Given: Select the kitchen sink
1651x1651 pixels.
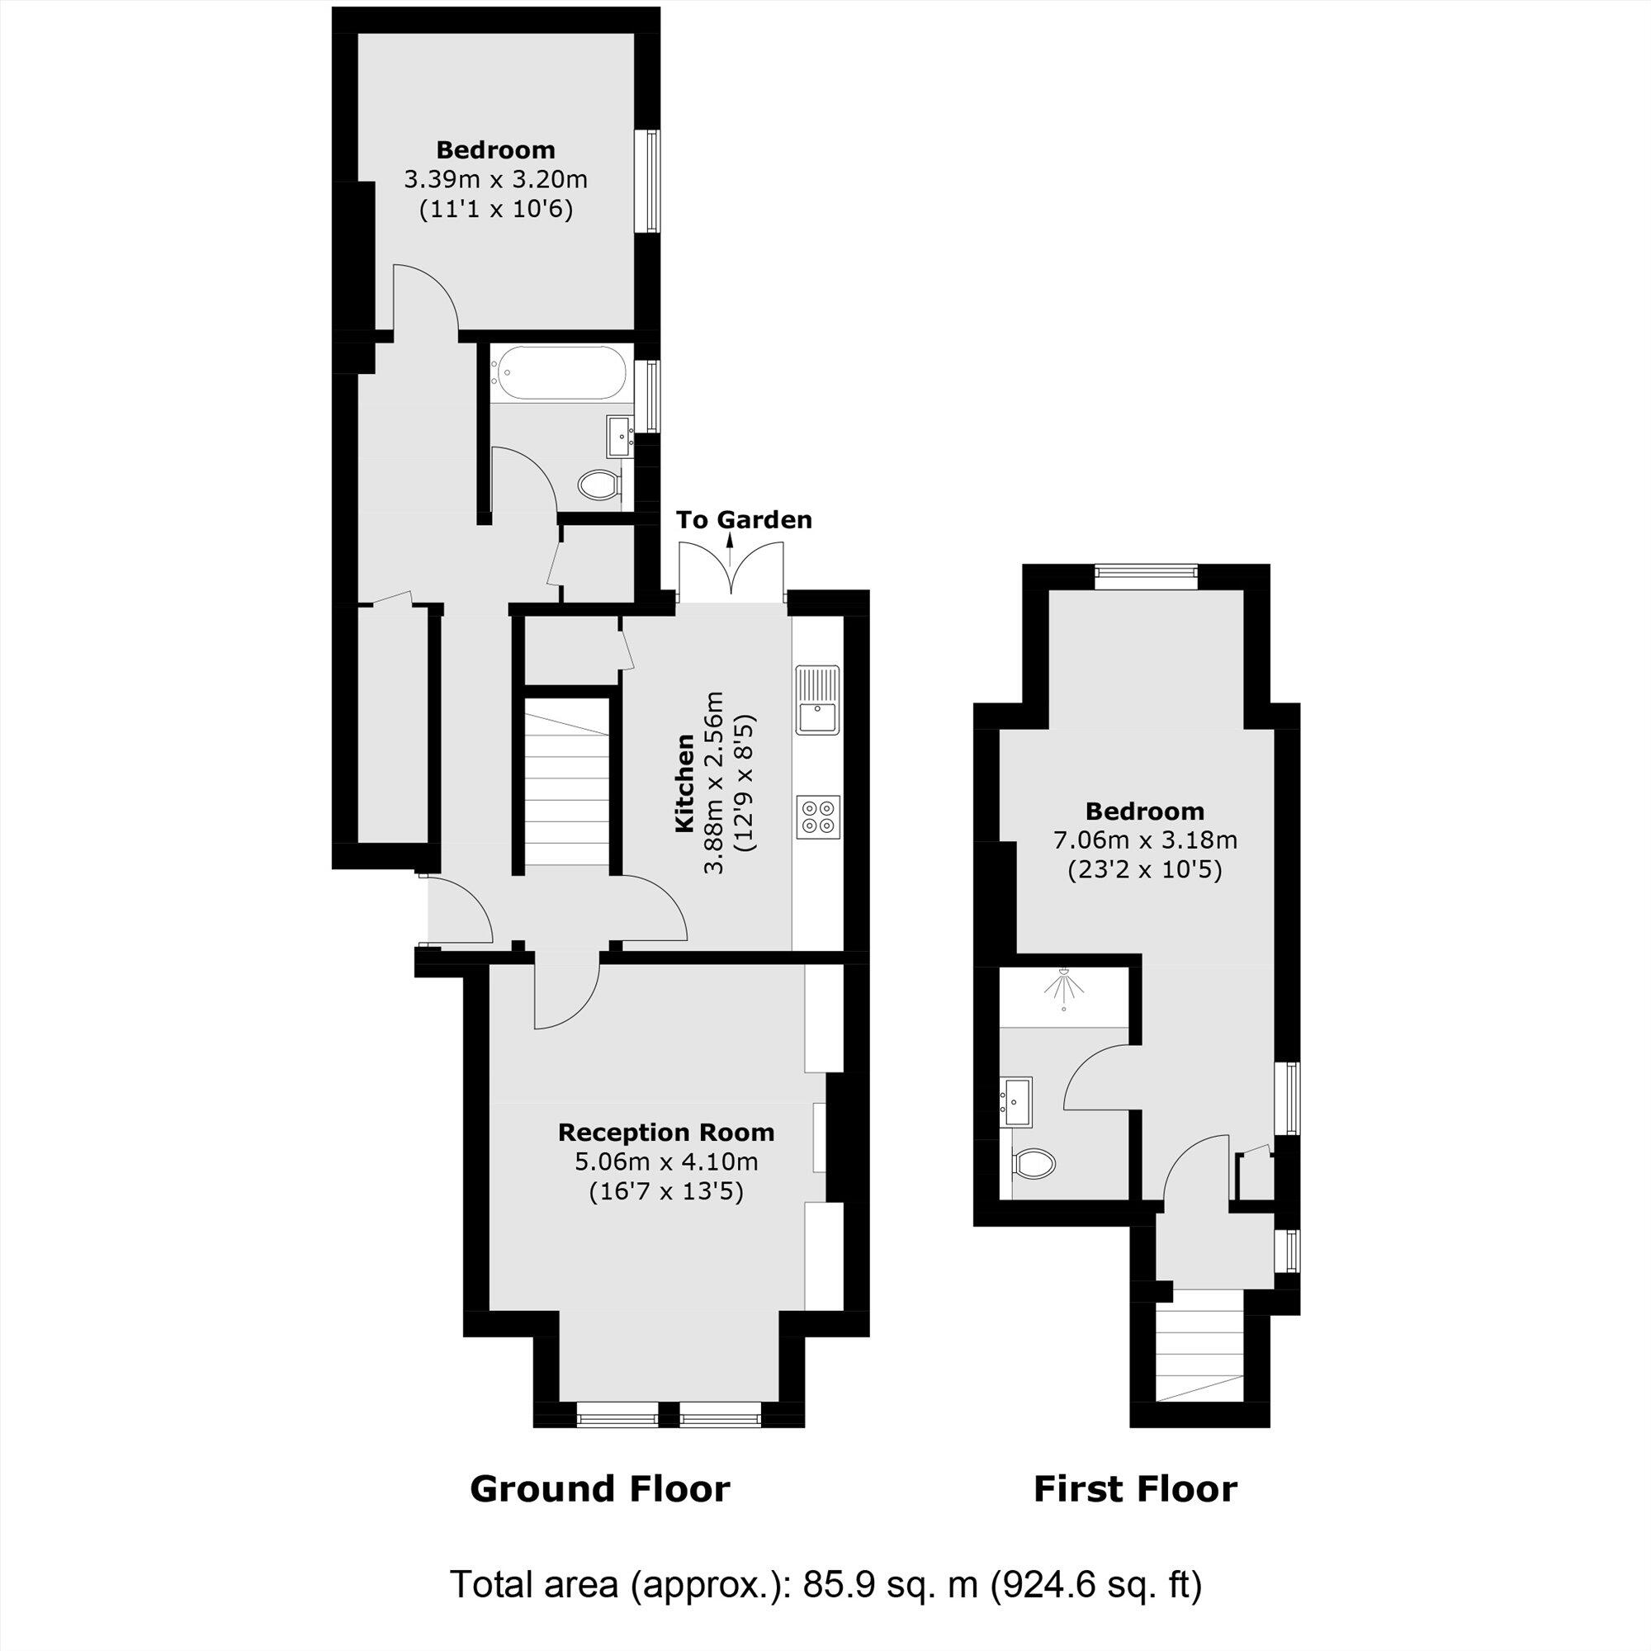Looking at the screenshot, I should (x=818, y=699).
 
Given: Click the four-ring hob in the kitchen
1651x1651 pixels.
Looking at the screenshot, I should (x=819, y=816).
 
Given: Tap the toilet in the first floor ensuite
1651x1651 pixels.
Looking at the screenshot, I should (x=1034, y=1162).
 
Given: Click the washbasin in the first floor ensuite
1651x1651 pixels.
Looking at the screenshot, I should (x=1017, y=1101).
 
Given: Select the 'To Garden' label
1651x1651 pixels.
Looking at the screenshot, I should (x=744, y=519).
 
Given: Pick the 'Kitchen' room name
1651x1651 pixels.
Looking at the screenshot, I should (x=684, y=782).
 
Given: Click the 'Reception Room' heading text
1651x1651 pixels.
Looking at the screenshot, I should (x=665, y=1133).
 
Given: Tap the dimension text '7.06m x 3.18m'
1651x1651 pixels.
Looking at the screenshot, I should (x=1145, y=840).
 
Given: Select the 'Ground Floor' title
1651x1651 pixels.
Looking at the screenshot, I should (x=600, y=1489).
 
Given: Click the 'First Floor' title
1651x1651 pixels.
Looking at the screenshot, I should (x=1135, y=1489).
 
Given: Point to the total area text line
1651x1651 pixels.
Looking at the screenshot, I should (x=825, y=1585).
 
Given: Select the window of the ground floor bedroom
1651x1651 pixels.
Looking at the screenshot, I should (x=651, y=180).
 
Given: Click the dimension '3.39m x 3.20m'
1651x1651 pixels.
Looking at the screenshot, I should (x=495, y=180).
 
